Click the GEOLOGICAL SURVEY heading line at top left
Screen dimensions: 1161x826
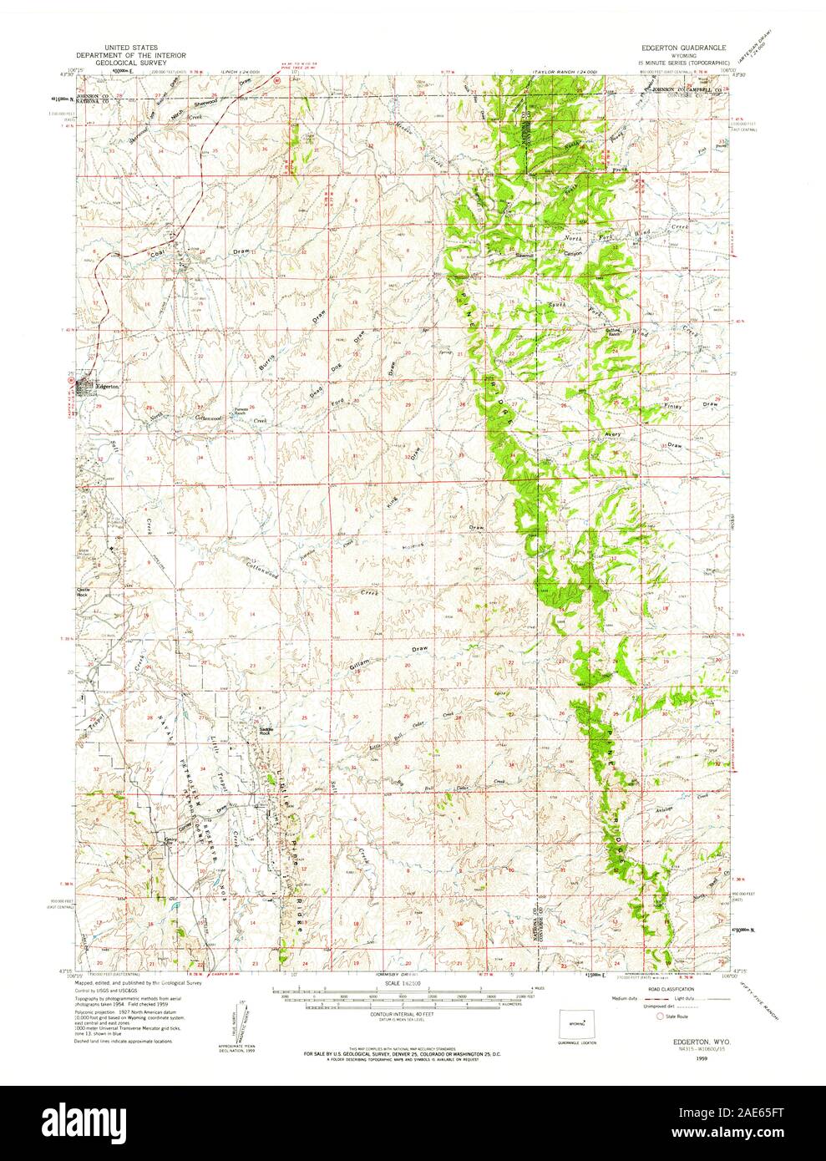(146, 62)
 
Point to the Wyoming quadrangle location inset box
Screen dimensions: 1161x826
(576, 1023)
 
